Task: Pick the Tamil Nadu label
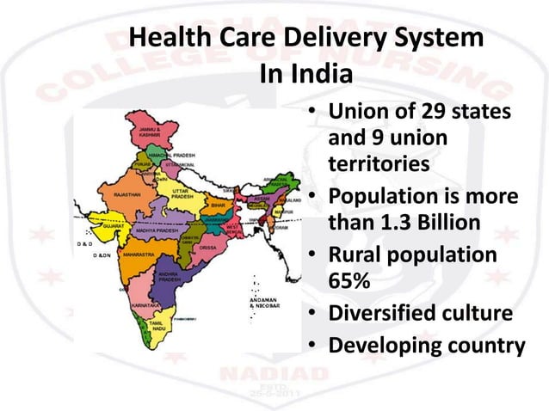click(159, 327)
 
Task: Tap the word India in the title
click(322, 74)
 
